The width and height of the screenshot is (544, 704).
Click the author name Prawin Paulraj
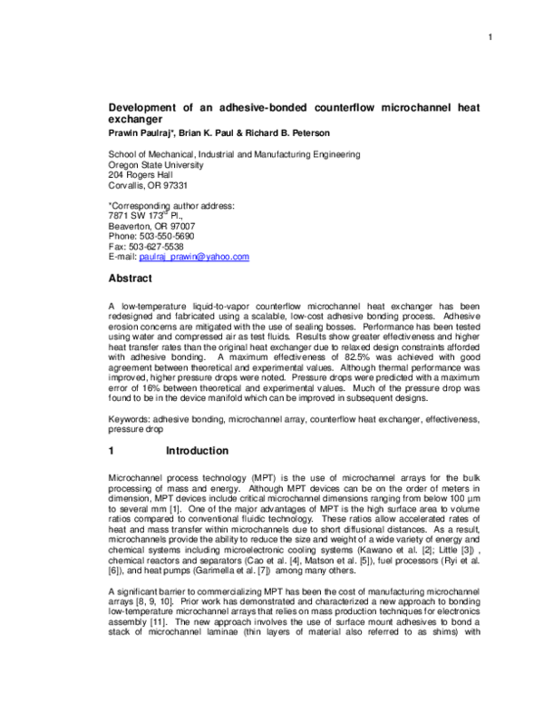click(141, 132)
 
